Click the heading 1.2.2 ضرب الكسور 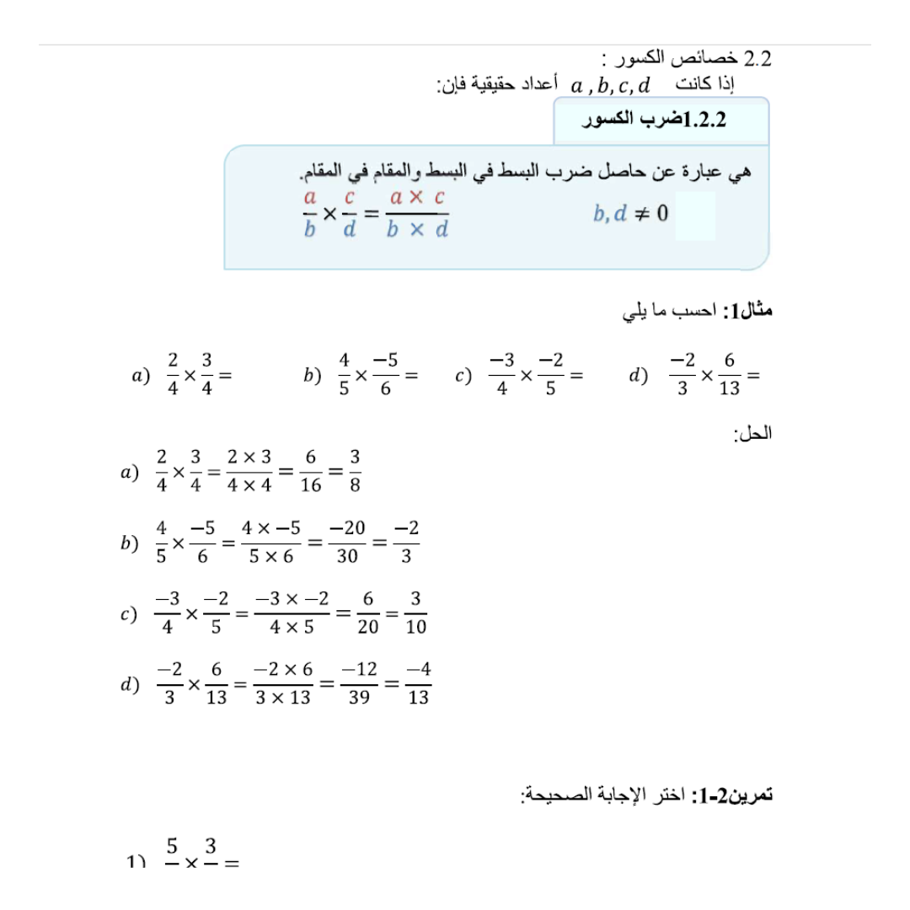656,120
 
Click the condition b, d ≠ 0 630,213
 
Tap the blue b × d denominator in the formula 417,229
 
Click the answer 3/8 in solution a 355,471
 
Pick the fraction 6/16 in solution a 311,471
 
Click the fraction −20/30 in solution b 347,543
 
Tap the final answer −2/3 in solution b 406,543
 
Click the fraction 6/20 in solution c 367,613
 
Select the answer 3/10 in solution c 415,613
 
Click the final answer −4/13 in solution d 418,683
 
